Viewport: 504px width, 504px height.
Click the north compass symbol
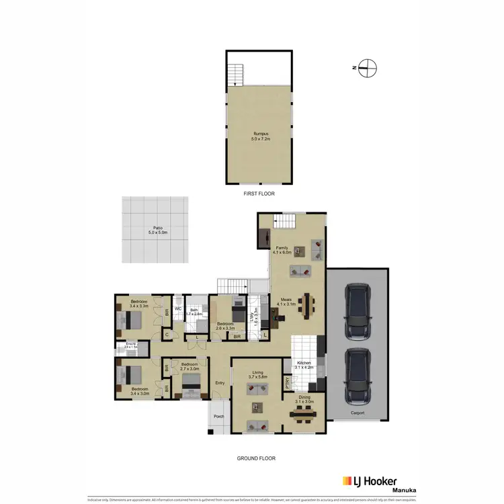pyautogui.click(x=367, y=67)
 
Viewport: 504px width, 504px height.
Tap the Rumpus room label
pyautogui.click(x=259, y=134)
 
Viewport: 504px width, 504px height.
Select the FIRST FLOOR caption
pyautogui.click(x=259, y=193)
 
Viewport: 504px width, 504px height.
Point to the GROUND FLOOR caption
pyautogui.click(x=256, y=458)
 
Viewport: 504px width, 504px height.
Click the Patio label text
pyautogui.click(x=158, y=230)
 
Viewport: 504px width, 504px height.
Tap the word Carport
pyautogui.click(x=357, y=413)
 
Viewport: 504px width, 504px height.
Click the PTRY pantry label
pyautogui.click(x=288, y=384)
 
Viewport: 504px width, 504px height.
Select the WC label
pyautogui.click(x=179, y=308)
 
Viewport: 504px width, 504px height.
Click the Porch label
pyautogui.click(x=218, y=417)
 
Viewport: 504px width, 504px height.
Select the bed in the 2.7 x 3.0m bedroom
pyautogui.click(x=190, y=385)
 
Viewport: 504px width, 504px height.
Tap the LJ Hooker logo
pyautogui.click(x=370, y=481)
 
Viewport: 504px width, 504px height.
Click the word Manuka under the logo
pyautogui.click(x=405, y=491)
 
